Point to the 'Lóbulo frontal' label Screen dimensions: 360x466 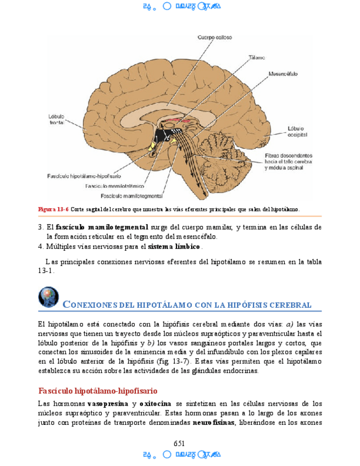(x=57, y=119)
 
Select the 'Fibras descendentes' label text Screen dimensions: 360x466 (x=288, y=156)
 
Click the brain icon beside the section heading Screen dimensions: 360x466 (x=48, y=297)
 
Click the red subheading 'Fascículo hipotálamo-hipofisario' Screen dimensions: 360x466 (x=98, y=391)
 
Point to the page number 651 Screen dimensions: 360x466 (x=179, y=443)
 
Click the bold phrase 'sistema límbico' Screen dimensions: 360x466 (x=171, y=246)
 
